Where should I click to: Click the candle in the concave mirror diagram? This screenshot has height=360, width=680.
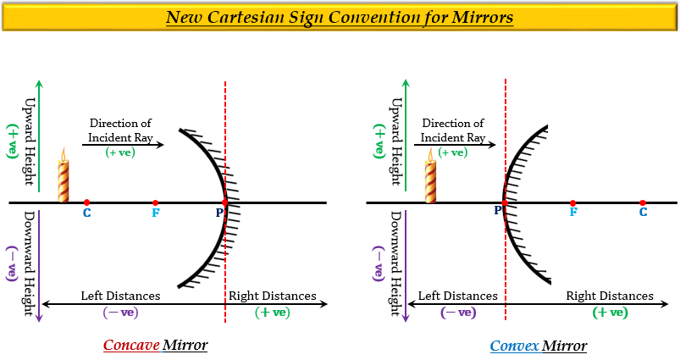tap(63, 176)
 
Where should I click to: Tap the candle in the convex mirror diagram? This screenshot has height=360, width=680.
tap(430, 176)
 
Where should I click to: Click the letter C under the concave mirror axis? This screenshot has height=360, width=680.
tap(86, 213)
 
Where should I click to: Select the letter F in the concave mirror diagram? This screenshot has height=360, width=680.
tap(155, 213)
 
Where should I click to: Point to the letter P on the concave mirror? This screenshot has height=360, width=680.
tap(218, 212)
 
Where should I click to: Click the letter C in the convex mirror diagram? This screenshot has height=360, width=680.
tap(643, 213)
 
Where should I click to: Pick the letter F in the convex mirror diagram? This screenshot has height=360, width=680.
tap(573, 213)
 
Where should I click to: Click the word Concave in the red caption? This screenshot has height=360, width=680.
tap(130, 345)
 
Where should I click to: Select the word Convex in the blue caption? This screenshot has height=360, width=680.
tap(514, 345)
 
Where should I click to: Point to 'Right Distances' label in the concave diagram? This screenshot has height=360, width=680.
tap(272, 296)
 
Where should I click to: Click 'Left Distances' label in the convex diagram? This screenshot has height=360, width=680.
tap(457, 296)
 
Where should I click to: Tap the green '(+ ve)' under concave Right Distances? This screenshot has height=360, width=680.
tap(273, 312)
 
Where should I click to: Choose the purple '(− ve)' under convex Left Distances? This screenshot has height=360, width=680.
tap(458, 312)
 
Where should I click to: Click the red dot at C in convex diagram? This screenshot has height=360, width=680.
tap(643, 202)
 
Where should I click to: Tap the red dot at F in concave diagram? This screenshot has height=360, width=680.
tap(155, 202)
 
